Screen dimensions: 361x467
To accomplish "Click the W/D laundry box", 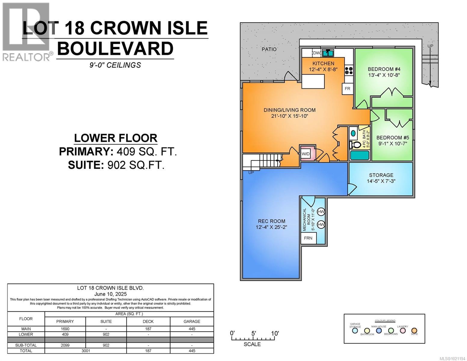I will (x=306, y=154).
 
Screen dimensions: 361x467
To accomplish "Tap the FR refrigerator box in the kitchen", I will (x=347, y=89).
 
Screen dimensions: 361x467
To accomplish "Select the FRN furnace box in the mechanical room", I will (x=308, y=238).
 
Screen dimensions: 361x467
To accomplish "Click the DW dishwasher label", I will (x=316, y=53).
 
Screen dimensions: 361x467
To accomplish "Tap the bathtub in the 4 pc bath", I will (x=359, y=155).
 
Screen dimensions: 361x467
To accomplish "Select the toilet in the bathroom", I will (x=355, y=145).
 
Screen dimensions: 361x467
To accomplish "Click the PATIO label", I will (x=269, y=49).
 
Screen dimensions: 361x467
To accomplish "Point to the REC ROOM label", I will (x=271, y=221).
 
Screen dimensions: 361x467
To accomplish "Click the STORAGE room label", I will (x=381, y=175).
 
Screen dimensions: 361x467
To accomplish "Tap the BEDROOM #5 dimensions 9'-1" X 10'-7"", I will (x=392, y=143).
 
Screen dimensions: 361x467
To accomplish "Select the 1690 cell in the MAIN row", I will (x=65, y=329).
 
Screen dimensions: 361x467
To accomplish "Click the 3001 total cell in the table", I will (x=85, y=351).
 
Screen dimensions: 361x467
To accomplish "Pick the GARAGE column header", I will (x=192, y=321).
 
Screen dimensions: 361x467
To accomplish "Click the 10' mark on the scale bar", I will (x=275, y=333).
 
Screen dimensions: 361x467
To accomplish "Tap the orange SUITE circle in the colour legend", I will (x=414, y=331).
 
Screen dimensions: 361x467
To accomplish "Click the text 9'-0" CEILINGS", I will (x=115, y=65).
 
